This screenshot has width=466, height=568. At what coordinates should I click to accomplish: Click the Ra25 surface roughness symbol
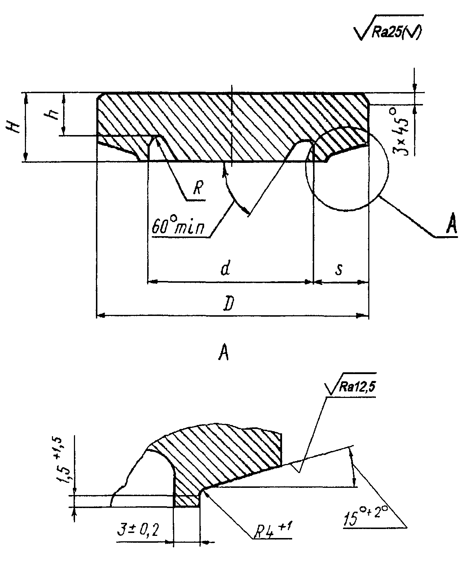(x=389, y=28)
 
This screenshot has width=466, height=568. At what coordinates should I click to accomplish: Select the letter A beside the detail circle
(x=450, y=226)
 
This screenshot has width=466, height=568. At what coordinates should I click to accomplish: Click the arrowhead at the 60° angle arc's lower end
(x=245, y=211)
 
